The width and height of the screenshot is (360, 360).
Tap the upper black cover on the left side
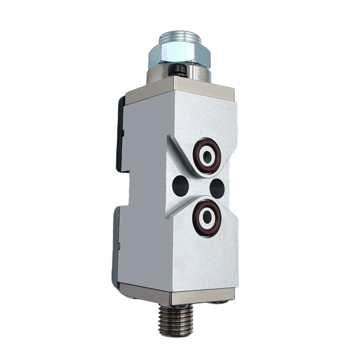pos(121,135)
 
